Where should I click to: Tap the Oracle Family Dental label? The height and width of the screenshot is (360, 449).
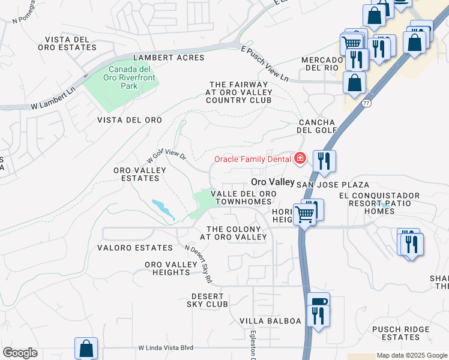(x=255, y=159)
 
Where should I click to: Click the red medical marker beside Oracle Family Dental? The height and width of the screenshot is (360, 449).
(x=300, y=159)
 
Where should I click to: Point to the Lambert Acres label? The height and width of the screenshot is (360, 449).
(x=169, y=58)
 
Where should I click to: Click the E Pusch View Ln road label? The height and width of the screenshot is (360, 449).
(x=264, y=65)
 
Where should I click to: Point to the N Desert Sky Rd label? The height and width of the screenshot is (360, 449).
(x=199, y=264)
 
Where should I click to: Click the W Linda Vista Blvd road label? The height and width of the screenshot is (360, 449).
(x=166, y=347)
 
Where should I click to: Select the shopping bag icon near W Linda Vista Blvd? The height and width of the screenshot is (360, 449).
(x=86, y=348)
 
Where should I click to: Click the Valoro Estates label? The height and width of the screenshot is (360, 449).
(x=134, y=248)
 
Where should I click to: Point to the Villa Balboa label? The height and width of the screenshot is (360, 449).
(x=270, y=321)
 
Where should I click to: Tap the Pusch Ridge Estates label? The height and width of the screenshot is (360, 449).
(x=400, y=334)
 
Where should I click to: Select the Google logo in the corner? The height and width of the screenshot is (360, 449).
(x=20, y=353)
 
